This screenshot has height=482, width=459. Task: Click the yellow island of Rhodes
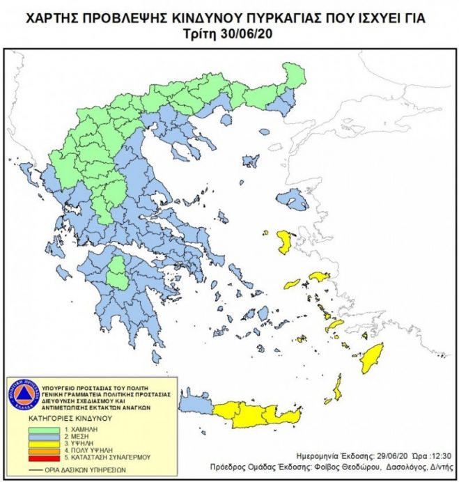pos(371,357)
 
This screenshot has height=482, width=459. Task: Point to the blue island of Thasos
pos(226,120)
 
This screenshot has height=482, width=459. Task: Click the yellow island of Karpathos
pos(336,391)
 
